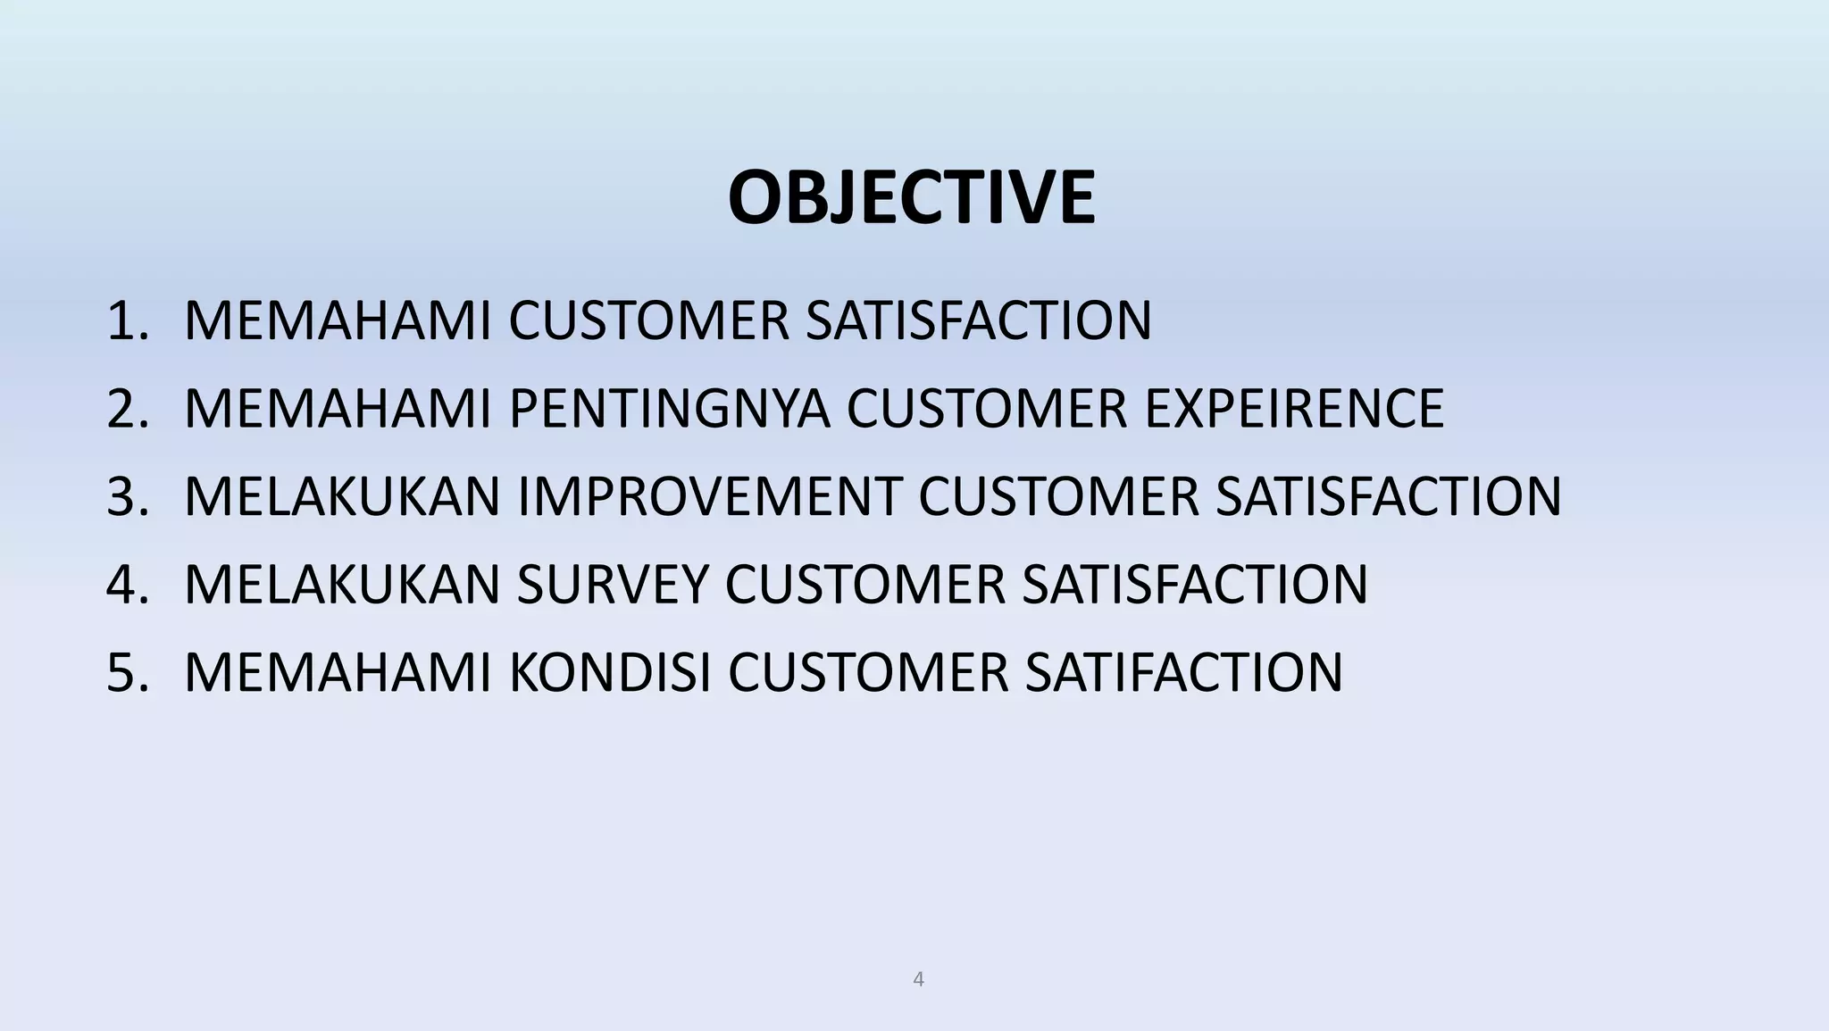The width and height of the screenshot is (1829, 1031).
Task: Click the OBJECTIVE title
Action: point(911,198)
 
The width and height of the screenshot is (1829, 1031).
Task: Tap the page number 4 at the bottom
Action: point(918,979)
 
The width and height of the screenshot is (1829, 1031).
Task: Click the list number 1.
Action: point(126,320)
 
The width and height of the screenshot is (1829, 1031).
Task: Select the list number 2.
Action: point(126,408)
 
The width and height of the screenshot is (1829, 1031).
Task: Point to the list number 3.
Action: point(126,496)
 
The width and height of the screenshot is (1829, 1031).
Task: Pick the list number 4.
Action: point(126,584)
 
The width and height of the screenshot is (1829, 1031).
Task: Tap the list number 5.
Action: point(126,672)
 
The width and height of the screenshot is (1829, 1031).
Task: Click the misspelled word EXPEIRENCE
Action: point(1294,408)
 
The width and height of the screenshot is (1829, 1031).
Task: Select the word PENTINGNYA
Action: point(669,408)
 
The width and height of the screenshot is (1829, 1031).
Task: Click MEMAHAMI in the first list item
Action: point(338,320)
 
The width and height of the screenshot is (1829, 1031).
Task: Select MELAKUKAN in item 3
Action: point(341,496)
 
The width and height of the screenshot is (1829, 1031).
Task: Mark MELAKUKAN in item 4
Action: point(341,584)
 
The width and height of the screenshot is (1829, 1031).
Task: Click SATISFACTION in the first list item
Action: point(979,320)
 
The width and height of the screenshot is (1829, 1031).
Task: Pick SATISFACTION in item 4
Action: point(1195,584)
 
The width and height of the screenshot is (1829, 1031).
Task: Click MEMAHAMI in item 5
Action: point(338,672)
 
